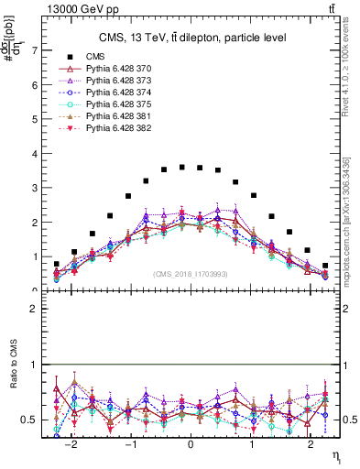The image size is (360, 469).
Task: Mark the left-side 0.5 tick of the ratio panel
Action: pyautogui.click(x=33, y=420)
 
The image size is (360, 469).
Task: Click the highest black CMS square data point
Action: pyautogui.click(x=182, y=167)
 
